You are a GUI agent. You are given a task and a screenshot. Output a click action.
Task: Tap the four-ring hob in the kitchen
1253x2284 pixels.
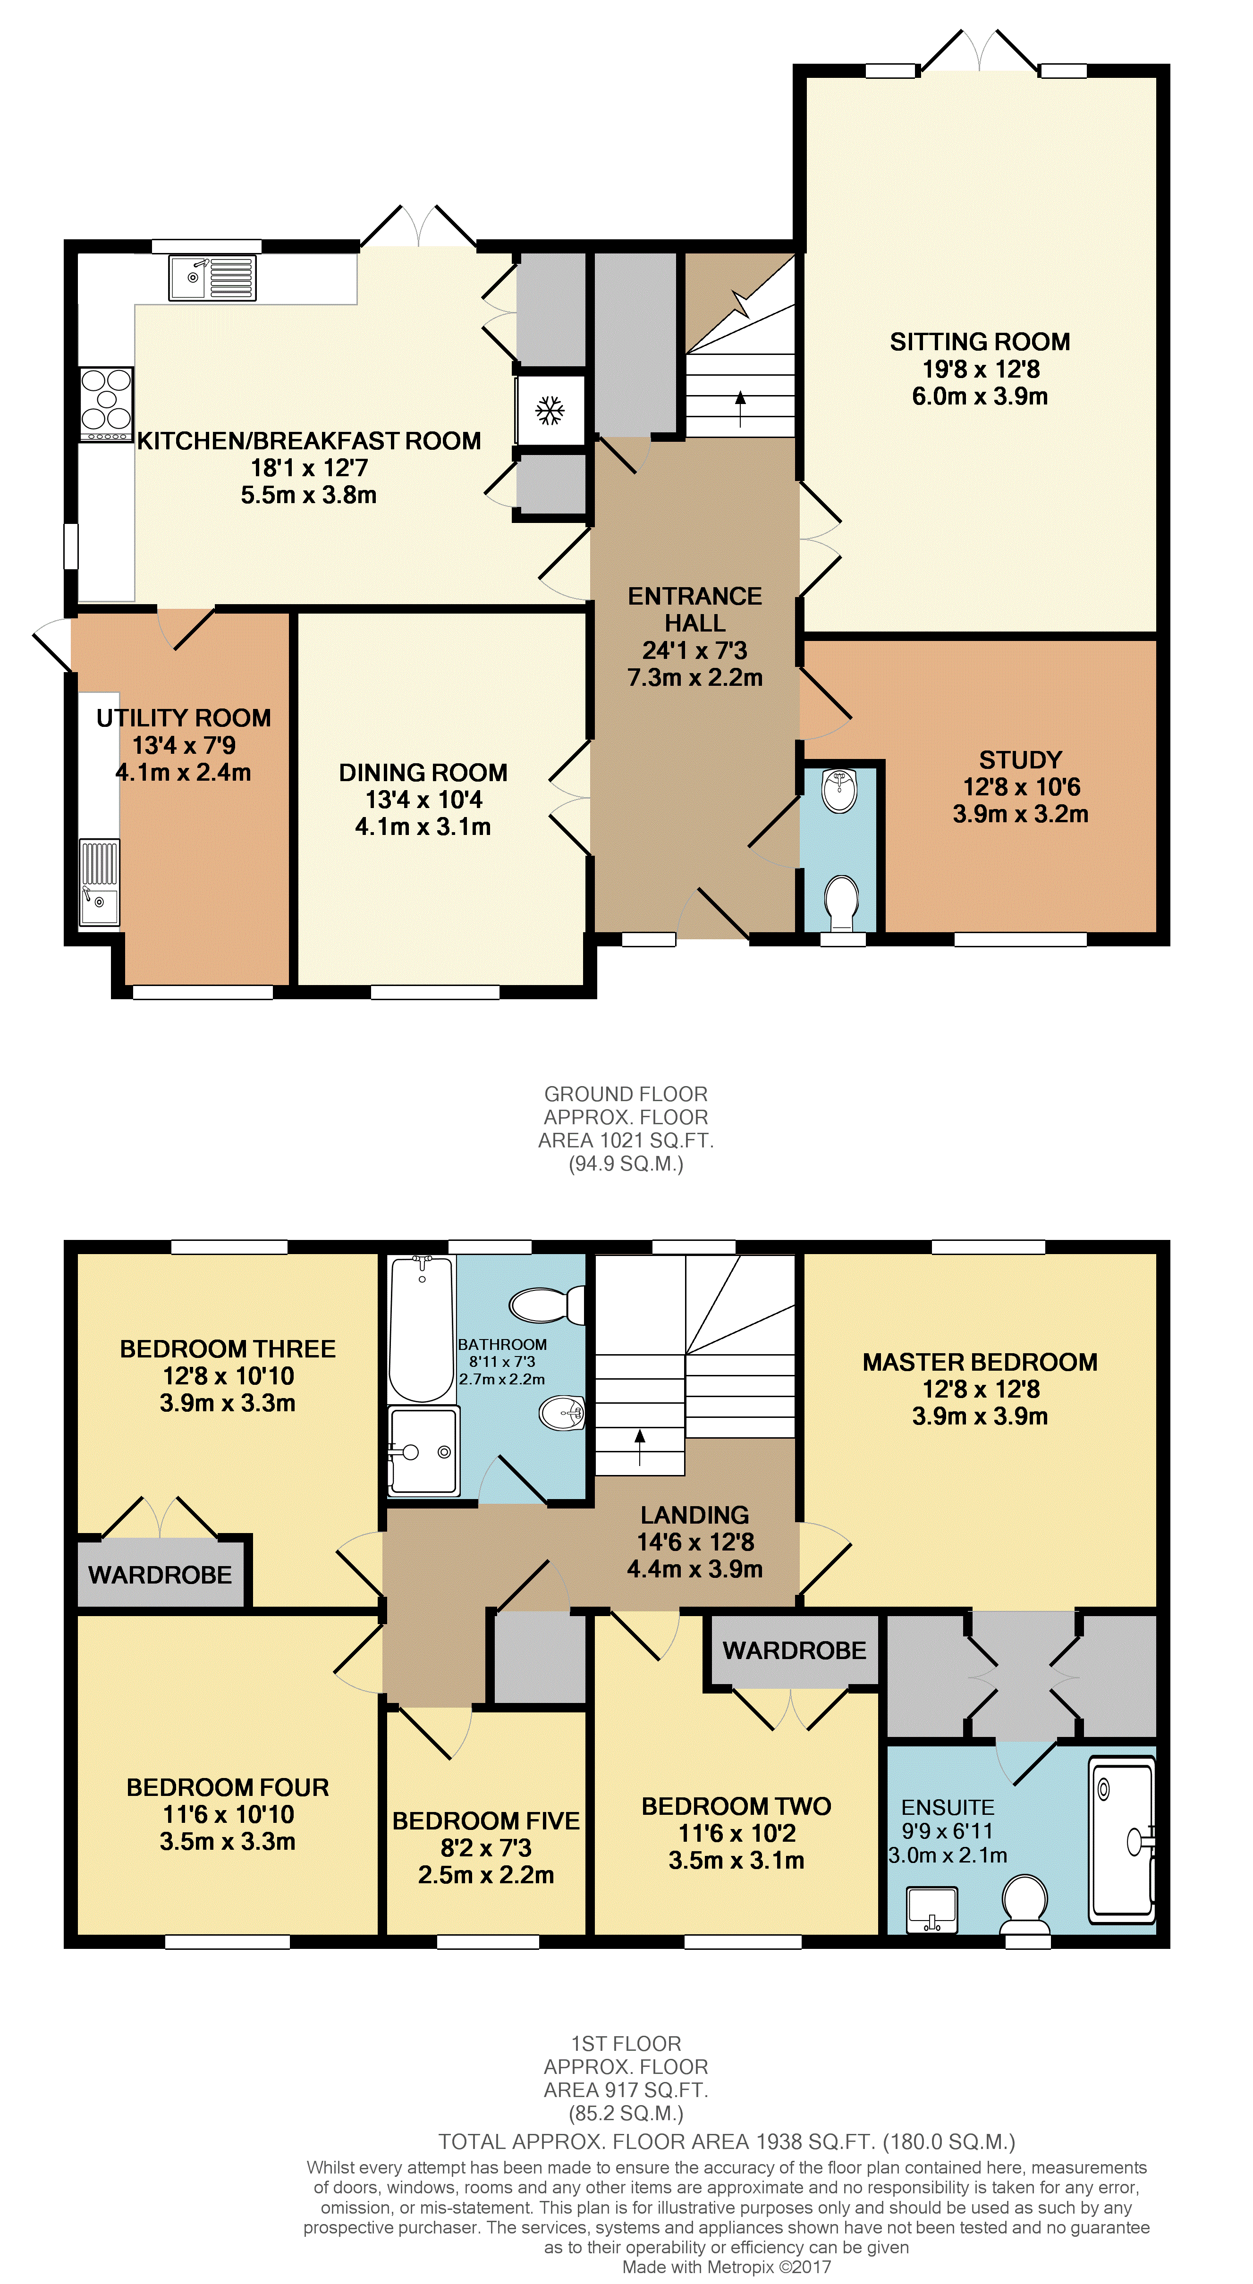click(106, 405)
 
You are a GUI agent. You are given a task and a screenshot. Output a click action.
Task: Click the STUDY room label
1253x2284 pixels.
click(1021, 760)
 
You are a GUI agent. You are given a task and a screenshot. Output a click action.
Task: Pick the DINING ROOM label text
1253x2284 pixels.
click(423, 772)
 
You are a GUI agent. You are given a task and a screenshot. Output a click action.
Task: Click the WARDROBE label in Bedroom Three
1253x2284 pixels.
click(161, 1575)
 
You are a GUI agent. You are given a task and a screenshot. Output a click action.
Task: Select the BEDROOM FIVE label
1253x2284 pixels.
click(486, 1821)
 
